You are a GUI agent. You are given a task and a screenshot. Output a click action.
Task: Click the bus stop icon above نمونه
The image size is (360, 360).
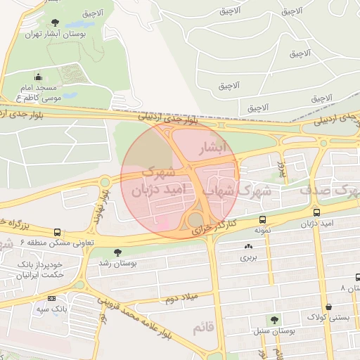tap(262, 219)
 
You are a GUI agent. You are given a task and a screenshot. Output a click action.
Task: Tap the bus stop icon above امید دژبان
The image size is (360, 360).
tap(316, 212)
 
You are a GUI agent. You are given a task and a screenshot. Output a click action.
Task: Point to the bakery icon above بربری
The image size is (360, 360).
tap(248, 246)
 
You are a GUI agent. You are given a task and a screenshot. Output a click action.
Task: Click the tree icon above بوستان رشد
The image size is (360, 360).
tap(117, 252)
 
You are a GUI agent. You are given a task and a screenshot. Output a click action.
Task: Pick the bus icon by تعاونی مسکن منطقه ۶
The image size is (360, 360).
tap(57, 232)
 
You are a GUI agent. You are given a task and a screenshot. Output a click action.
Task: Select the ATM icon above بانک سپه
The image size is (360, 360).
tap(51, 298)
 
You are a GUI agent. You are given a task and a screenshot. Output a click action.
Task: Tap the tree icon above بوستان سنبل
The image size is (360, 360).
tap(274, 319)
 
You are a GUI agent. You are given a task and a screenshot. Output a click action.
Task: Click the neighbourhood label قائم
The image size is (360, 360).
tap(204, 328)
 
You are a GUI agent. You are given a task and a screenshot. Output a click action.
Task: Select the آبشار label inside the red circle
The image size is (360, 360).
tap(214, 148)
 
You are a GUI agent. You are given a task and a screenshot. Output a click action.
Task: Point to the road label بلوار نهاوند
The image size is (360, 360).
tap(99, 205)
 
